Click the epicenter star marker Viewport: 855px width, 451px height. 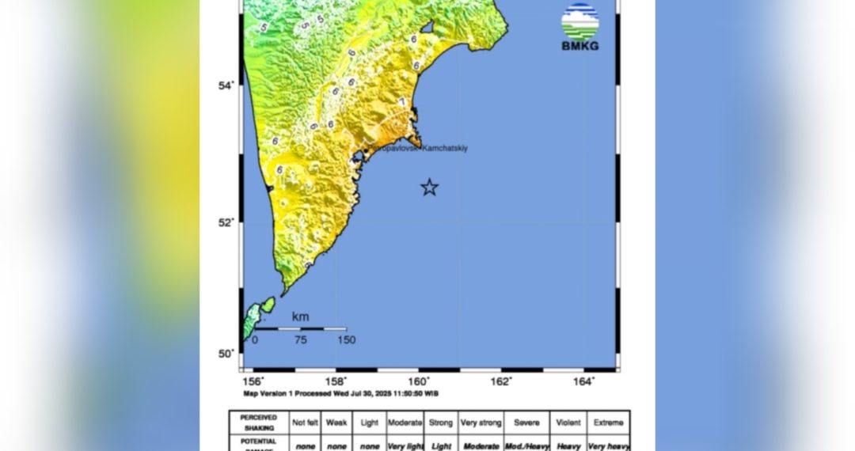click(x=429, y=188)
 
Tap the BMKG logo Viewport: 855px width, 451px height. click(x=580, y=28)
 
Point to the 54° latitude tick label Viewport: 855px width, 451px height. click(x=227, y=85)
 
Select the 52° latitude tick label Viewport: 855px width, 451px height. click(x=227, y=222)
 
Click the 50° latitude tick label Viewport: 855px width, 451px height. click(x=227, y=353)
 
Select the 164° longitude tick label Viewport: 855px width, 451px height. click(x=583, y=381)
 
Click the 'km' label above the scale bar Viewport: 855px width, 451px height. click(x=300, y=317)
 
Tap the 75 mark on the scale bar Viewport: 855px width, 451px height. click(x=300, y=340)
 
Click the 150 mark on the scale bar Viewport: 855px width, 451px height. click(x=345, y=340)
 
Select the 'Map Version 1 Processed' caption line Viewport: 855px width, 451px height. click(x=341, y=393)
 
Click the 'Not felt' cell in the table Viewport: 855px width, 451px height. click(x=305, y=423)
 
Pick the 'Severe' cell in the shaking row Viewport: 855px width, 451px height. click(x=526, y=423)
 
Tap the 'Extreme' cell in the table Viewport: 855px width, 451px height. click(x=608, y=423)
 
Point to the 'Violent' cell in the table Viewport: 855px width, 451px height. click(x=568, y=423)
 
